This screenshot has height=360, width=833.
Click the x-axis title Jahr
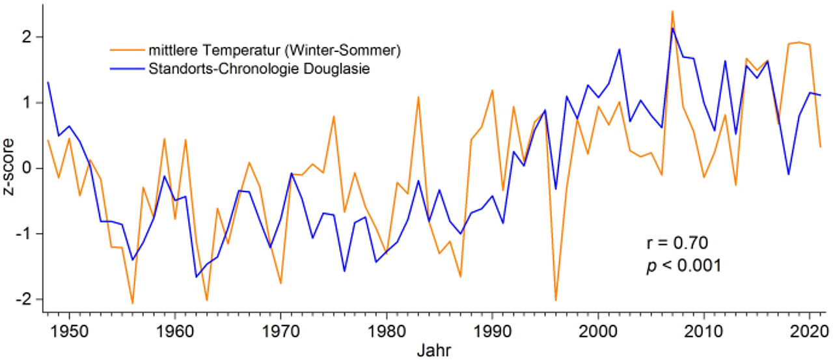(x=431, y=350)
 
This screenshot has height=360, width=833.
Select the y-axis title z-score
(x=9, y=168)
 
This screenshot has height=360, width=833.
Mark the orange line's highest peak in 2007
(x=672, y=11)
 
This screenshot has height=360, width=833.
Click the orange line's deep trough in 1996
(x=556, y=300)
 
